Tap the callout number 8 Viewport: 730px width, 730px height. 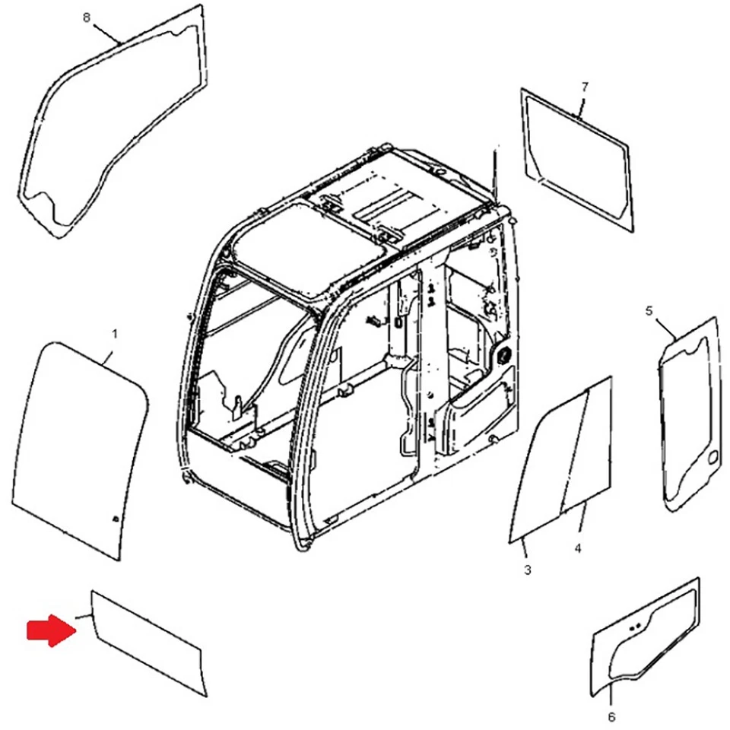[x=86, y=17]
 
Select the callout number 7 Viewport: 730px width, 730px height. [x=584, y=87]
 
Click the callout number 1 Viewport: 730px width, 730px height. [x=115, y=333]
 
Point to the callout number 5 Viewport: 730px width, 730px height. [x=649, y=310]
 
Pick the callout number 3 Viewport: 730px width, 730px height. [x=528, y=570]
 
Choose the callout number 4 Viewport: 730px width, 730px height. [x=578, y=548]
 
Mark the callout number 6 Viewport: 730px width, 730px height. [x=612, y=716]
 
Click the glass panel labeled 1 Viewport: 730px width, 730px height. [x=80, y=449]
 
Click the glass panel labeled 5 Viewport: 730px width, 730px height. [x=690, y=414]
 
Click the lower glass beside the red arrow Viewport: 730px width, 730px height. [x=144, y=643]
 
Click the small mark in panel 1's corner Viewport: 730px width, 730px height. [x=114, y=519]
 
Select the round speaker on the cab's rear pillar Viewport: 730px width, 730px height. [x=502, y=353]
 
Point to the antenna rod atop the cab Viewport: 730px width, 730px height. [x=494, y=171]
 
